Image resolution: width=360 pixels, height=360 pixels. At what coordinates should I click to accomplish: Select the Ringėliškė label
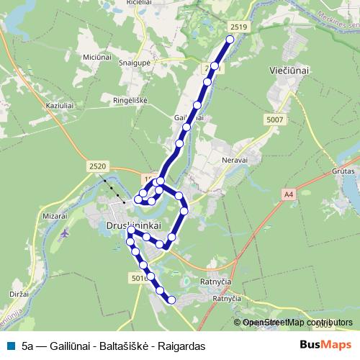pyautogui.click(x=130, y=100)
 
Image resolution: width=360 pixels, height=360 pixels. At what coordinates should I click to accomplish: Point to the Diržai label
pyautogui.click(x=19, y=295)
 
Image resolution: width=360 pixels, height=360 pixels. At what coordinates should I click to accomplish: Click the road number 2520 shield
pyautogui.click(x=98, y=166)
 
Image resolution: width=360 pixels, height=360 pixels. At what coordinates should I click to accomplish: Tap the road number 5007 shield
pyautogui.click(x=274, y=120)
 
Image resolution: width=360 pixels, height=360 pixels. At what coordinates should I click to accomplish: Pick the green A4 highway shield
pyautogui.click(x=289, y=194)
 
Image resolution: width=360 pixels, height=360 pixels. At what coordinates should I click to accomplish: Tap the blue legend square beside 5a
pyautogui.click(x=12, y=345)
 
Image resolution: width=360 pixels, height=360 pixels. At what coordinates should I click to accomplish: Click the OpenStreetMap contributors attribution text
pyautogui.click(x=297, y=323)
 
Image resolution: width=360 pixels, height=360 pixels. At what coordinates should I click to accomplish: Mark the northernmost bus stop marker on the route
pyautogui.click(x=230, y=40)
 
